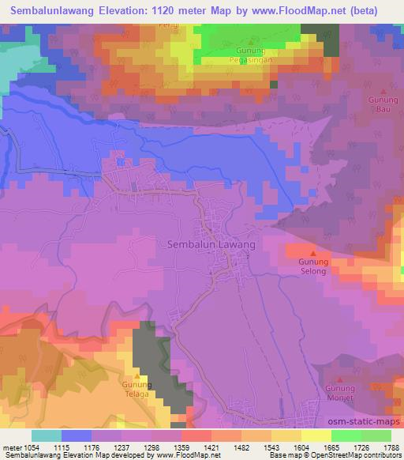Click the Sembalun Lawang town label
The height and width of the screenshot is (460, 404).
tap(211, 245)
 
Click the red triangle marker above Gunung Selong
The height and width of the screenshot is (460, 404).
tap(313, 251)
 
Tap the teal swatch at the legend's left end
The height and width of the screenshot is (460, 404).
tap(46, 436)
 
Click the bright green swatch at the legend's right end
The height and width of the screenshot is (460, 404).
tap(376, 436)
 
